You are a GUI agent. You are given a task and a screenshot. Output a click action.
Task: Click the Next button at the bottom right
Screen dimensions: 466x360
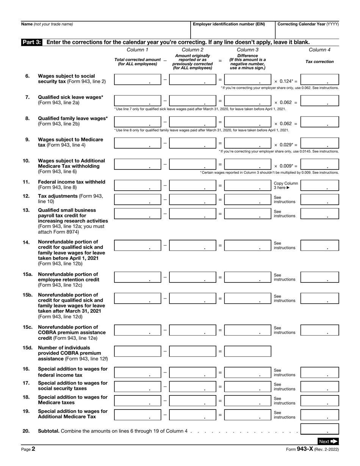tap(328, 441)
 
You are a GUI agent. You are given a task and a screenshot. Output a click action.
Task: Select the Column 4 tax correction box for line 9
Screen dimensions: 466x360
tap(319, 143)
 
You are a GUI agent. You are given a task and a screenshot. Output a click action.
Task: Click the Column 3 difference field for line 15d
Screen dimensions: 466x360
tap(247, 351)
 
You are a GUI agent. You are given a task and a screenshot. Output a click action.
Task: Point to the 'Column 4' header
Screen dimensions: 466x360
tap(319, 50)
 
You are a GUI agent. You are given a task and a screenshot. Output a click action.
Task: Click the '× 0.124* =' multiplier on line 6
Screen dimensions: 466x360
tap(286, 81)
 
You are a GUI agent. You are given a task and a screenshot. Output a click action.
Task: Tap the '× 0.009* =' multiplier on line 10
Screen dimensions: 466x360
tap(286, 166)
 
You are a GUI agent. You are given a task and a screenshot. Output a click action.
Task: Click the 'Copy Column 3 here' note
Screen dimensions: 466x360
tap(286, 186)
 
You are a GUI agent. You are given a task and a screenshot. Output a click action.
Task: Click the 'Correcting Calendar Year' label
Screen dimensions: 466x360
tap(308, 24)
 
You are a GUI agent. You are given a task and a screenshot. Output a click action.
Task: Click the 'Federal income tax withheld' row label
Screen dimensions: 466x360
tap(72, 182)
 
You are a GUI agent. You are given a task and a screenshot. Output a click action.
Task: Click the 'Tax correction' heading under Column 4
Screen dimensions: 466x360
tap(319, 62)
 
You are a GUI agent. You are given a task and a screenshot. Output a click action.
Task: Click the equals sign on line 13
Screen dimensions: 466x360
tap(220, 214)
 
